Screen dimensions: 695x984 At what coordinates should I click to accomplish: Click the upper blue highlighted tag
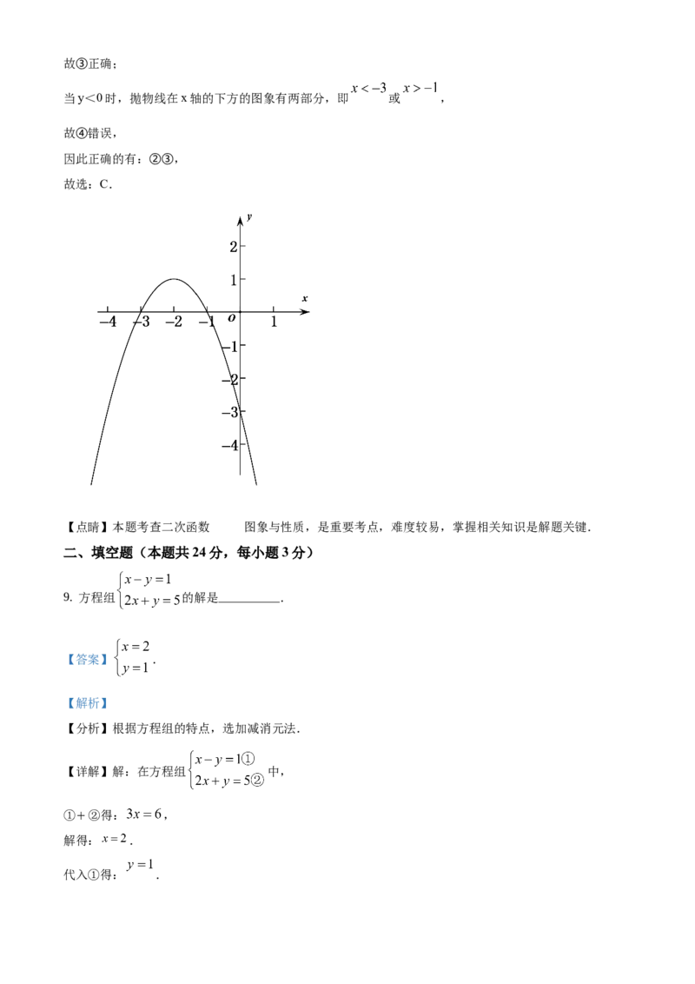click(87, 661)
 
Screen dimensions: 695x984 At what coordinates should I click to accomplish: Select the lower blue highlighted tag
click(87, 702)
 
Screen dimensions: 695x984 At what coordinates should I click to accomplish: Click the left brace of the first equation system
click(122, 590)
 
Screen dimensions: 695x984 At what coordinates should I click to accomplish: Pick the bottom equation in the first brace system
click(150, 600)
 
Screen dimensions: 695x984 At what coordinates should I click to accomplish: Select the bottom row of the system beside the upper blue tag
click(132, 668)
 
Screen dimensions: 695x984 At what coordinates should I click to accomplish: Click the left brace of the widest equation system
click(190, 768)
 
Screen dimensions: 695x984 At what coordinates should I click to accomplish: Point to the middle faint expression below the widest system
click(116, 839)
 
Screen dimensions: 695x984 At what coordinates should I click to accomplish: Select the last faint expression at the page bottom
click(142, 865)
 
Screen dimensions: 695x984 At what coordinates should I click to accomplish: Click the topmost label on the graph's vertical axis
click(248, 211)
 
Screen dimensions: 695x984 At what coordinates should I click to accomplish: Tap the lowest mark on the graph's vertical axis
click(233, 403)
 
